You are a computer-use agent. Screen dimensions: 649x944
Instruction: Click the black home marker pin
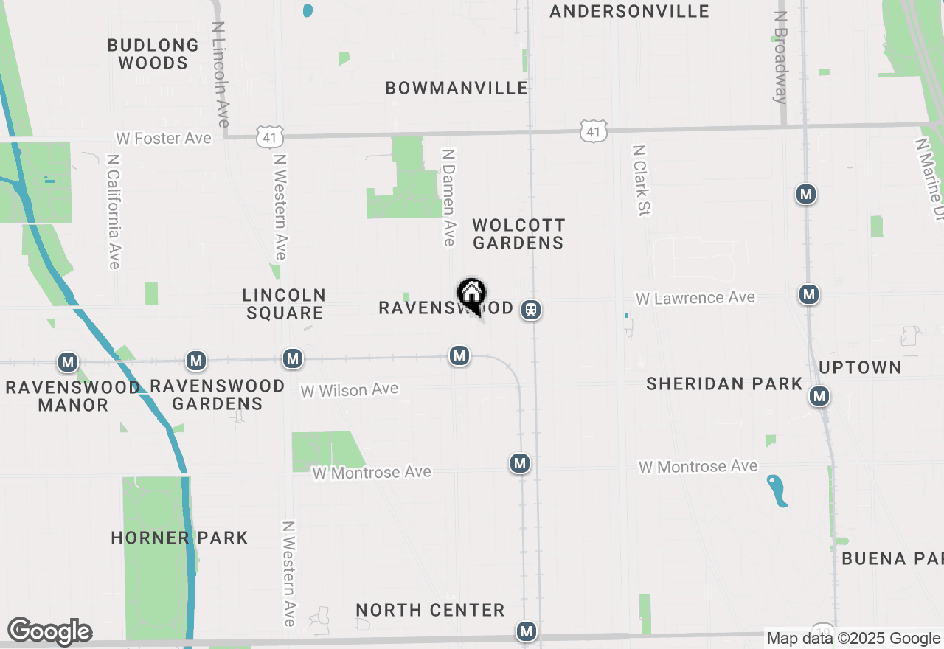(x=471, y=295)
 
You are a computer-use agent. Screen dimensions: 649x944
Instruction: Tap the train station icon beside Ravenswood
(x=531, y=310)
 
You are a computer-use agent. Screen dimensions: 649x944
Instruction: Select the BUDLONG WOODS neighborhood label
(x=153, y=55)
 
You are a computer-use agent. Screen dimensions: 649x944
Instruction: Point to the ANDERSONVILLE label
(x=629, y=11)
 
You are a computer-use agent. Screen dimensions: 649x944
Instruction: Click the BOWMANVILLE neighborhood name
(x=457, y=88)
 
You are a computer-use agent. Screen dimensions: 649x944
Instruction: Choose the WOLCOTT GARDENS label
(x=518, y=234)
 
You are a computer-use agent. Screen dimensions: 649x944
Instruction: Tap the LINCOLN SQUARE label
(x=284, y=304)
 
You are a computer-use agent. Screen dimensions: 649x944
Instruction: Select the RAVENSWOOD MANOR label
(x=72, y=396)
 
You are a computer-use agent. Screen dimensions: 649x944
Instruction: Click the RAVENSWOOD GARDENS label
(x=218, y=395)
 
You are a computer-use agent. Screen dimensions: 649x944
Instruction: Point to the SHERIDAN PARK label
(x=724, y=383)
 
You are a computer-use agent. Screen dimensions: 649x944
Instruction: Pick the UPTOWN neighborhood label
(x=860, y=367)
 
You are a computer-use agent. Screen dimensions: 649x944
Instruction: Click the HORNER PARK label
(x=179, y=538)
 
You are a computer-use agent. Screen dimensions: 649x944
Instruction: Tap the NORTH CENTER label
(x=430, y=610)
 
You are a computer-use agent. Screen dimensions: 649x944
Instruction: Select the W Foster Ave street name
(x=164, y=139)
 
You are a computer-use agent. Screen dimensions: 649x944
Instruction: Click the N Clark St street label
(x=640, y=181)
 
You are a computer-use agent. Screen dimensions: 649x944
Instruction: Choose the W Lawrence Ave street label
(x=695, y=298)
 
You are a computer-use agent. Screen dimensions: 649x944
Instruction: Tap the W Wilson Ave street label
(x=350, y=389)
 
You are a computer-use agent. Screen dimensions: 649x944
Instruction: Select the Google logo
(x=49, y=631)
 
